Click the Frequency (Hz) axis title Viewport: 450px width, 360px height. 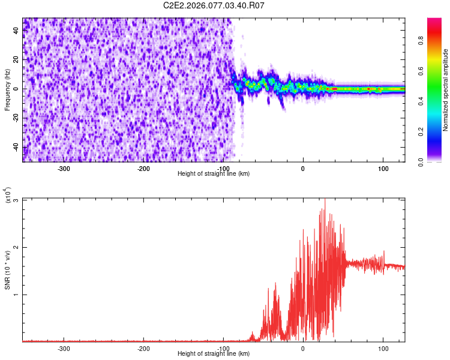(x=8, y=89)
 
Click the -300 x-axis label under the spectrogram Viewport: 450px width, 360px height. (x=64, y=168)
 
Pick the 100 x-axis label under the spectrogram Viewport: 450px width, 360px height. (x=383, y=168)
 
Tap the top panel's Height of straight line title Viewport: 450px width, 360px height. (x=214, y=173)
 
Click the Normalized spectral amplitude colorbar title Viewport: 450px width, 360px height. (x=446, y=90)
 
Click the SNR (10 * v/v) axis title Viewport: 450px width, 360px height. (x=8, y=270)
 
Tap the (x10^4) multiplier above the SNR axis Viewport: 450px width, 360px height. (x=8, y=194)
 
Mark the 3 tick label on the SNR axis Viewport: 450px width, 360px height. (x=16, y=200)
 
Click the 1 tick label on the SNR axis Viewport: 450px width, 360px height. (x=16, y=295)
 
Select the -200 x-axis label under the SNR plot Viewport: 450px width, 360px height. (x=143, y=348)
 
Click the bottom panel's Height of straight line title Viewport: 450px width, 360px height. (x=214, y=353)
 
